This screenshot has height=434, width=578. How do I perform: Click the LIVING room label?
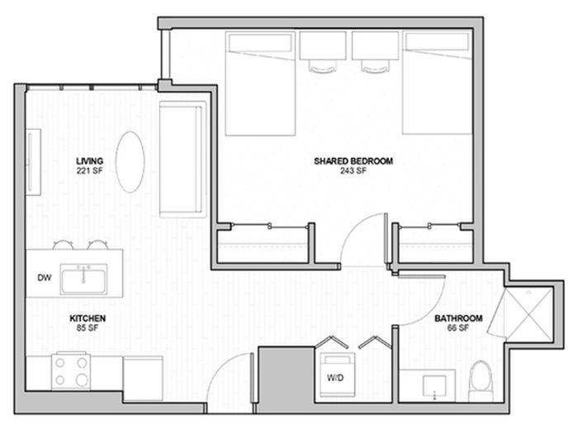pos(89,161)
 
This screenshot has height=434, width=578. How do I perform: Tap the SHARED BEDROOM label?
pos(353,161)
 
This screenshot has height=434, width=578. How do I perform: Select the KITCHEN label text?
pos(88,318)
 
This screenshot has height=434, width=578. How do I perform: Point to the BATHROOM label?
pos(458,318)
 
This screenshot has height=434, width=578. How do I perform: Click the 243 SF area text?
pos(353,171)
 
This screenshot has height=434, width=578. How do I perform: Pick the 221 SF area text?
pos(89,171)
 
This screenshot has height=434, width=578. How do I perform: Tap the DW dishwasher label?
pos(45,278)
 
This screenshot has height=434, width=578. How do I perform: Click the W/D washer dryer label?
pos(335,378)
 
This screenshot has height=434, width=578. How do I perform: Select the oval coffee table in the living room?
pos(130,162)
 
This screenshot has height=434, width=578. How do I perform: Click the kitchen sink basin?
pos(84,279)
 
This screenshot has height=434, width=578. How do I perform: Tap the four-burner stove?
pos(71,371)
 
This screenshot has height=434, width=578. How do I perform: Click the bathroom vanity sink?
pos(434,386)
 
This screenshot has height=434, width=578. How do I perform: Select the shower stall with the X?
pos(529,313)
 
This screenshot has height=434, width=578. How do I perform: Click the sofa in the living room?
pos(182,159)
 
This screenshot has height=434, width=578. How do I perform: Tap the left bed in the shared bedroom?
pos(260,83)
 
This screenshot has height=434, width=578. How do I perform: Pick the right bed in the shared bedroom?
pos(437,83)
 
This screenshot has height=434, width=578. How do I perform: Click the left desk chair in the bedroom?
pos(323,66)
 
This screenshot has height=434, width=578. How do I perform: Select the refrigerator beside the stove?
pos(143,378)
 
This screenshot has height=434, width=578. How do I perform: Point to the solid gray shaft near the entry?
pos(286,379)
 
